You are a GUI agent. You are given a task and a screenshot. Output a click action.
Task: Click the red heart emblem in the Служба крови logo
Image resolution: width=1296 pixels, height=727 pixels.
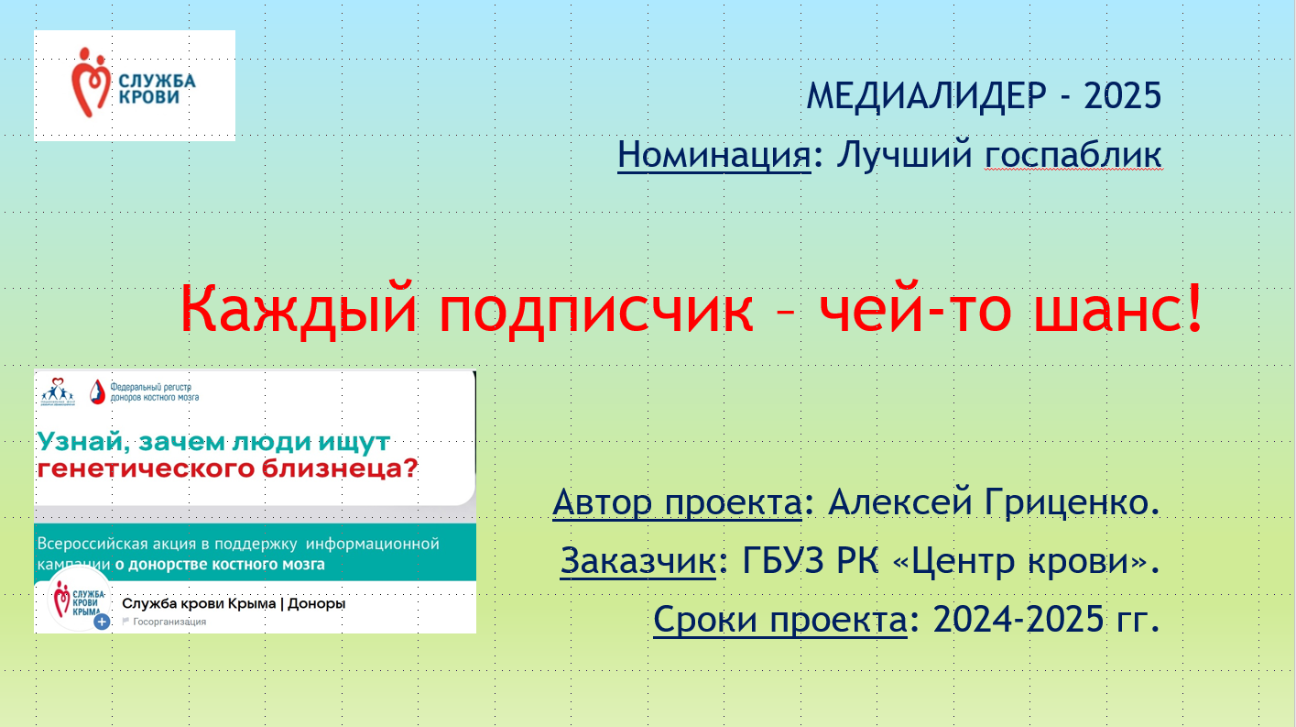point(91,83)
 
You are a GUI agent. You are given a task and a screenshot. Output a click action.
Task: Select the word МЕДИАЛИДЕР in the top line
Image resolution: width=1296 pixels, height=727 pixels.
point(926,95)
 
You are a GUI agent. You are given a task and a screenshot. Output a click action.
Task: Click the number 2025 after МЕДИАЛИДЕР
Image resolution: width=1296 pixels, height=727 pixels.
point(1122,95)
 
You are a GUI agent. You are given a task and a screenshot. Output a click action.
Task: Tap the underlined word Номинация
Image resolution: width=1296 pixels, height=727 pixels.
point(714,155)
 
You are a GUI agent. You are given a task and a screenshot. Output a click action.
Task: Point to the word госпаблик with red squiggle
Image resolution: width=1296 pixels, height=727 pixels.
point(1073,155)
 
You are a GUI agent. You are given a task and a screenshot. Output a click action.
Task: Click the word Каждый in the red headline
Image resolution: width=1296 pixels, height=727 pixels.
point(299,309)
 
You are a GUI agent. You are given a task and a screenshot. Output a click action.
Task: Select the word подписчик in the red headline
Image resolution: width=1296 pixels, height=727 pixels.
point(596,311)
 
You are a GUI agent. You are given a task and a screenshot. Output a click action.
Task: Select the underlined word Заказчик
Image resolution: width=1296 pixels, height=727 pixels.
point(637,561)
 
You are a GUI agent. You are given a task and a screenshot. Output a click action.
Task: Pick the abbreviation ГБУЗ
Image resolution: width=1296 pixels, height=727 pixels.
point(783,560)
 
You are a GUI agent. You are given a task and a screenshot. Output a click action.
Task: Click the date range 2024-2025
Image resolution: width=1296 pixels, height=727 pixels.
point(1018,619)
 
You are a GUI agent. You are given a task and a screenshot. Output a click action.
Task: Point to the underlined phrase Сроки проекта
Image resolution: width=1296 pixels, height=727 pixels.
point(780,620)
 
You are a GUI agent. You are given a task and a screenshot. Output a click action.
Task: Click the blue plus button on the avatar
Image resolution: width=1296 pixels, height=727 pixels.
point(102,622)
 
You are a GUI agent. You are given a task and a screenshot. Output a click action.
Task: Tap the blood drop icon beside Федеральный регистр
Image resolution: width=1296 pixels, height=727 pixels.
point(97,391)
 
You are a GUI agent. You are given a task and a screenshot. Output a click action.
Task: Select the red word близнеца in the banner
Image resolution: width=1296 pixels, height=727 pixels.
point(340,468)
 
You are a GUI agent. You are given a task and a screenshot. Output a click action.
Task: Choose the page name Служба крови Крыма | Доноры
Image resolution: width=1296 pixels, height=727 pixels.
point(234,603)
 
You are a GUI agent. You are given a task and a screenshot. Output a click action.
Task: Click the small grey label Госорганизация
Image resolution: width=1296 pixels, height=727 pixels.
point(169,622)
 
